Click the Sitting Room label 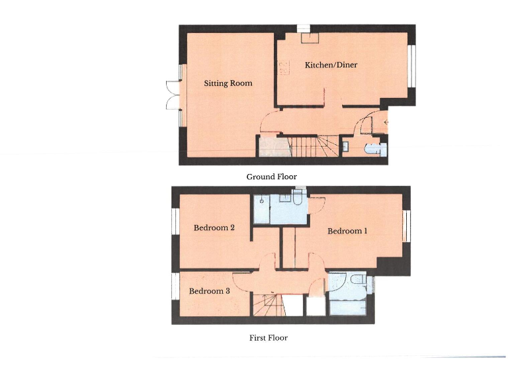[x=228, y=83]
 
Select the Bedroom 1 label [x=346, y=231]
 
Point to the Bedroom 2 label [x=214, y=228]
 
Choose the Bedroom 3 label [x=210, y=291]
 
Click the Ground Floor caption [x=271, y=177]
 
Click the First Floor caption [x=268, y=337]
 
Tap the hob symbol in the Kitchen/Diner [x=284, y=67]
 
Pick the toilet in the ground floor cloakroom [x=376, y=148]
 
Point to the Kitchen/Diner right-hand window [x=411, y=66]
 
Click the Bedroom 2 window [x=176, y=227]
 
